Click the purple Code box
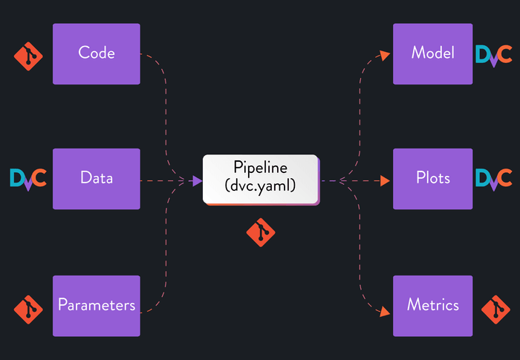[96, 53]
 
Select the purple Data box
[96, 179]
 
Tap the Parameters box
[96, 305]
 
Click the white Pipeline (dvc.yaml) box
[260, 179]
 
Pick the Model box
[432, 53]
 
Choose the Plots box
[432, 179]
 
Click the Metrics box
[432, 305]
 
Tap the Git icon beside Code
[28, 56]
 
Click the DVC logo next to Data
[28, 179]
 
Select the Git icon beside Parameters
[28, 308]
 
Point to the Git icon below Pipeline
[260, 232]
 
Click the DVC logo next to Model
[493, 55]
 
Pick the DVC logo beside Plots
[493, 179]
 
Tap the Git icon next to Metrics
[495, 308]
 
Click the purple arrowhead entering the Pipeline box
[197, 180]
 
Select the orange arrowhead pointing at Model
[385, 54]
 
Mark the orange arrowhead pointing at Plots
[385, 180]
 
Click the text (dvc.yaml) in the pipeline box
[260, 187]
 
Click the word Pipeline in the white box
[260, 168]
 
